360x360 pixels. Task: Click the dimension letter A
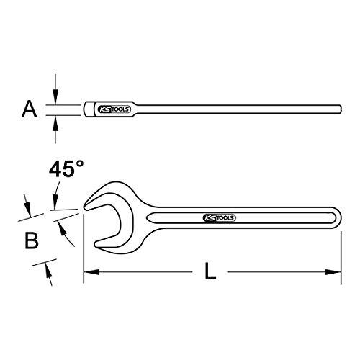[x=30, y=109]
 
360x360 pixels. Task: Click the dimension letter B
[x=32, y=240]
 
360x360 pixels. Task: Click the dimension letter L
[x=210, y=271]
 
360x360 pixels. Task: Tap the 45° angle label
[x=66, y=169]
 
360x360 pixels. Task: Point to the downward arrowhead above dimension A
[x=55, y=96]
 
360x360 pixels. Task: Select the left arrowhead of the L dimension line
[x=91, y=272]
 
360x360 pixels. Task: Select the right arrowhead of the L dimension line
[x=333, y=272]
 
